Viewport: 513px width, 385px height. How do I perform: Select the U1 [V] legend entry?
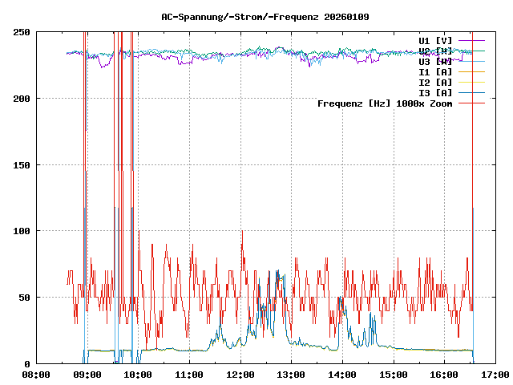point(435,40)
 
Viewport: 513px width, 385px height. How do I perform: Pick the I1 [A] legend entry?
point(435,71)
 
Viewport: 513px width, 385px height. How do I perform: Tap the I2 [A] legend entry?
point(435,82)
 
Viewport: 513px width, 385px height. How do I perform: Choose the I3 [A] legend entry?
point(435,92)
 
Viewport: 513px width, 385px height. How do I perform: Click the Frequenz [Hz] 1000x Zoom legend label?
point(385,103)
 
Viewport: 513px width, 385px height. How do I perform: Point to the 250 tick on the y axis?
point(22,32)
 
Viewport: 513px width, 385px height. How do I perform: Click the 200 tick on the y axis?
point(22,99)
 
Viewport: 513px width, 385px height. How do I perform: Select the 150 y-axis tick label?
point(22,165)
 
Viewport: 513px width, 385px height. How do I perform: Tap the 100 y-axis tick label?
point(22,231)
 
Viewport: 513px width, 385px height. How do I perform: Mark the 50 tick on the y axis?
point(25,298)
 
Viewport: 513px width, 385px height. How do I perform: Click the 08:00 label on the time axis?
point(36,375)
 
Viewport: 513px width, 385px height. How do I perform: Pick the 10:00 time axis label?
point(138,375)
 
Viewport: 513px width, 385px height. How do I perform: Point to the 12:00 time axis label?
point(240,375)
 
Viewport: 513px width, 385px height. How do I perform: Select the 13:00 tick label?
point(291,375)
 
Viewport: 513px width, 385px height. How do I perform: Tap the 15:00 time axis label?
point(394,375)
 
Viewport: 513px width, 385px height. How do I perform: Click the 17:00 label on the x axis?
point(495,375)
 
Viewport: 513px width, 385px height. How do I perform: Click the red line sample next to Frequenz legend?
point(472,103)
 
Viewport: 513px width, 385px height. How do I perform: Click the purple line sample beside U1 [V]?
point(472,40)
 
